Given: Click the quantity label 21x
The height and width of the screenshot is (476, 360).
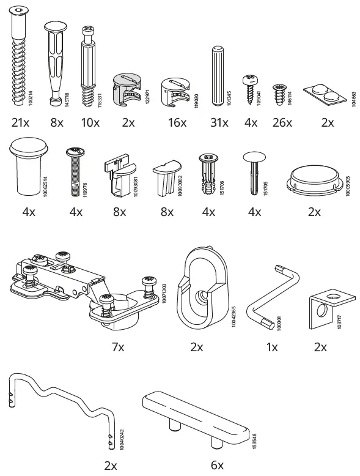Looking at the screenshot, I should coord(20,122).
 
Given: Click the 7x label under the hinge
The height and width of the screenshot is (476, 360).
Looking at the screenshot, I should coord(117,347).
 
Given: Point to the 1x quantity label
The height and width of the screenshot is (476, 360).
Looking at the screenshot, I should coord(272,347).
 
